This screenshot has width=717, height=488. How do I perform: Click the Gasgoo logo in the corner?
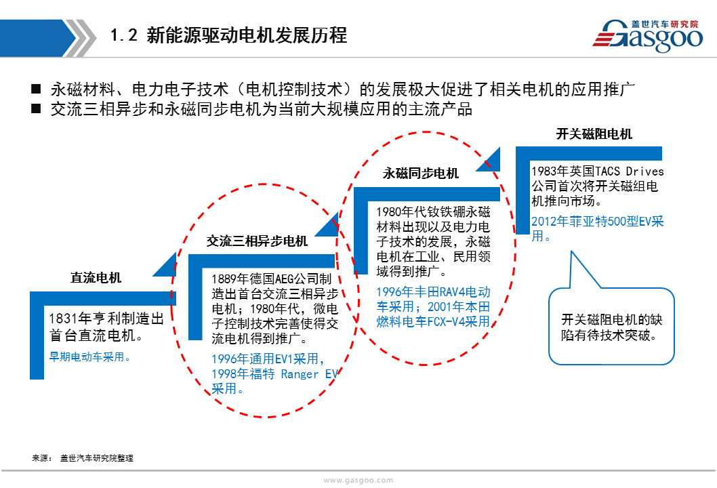[647, 35]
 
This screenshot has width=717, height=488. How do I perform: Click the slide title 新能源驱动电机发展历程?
[247, 35]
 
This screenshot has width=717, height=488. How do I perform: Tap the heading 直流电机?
[96, 277]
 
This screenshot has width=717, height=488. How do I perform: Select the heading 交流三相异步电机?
[257, 241]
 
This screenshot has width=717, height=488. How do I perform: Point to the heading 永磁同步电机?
[421, 174]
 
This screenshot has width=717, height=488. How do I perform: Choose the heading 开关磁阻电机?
[594, 134]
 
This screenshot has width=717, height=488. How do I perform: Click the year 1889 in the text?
[224, 279]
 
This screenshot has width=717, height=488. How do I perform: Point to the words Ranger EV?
[309, 374]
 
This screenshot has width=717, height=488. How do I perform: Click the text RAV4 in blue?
[452, 292]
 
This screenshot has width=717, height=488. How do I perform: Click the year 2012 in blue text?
[544, 222]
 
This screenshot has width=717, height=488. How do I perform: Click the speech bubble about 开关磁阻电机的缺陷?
[611, 326]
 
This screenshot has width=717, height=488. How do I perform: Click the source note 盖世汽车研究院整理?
[97, 457]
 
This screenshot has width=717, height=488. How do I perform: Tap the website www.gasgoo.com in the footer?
[358, 481]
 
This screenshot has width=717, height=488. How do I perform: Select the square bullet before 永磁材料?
[36, 89]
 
